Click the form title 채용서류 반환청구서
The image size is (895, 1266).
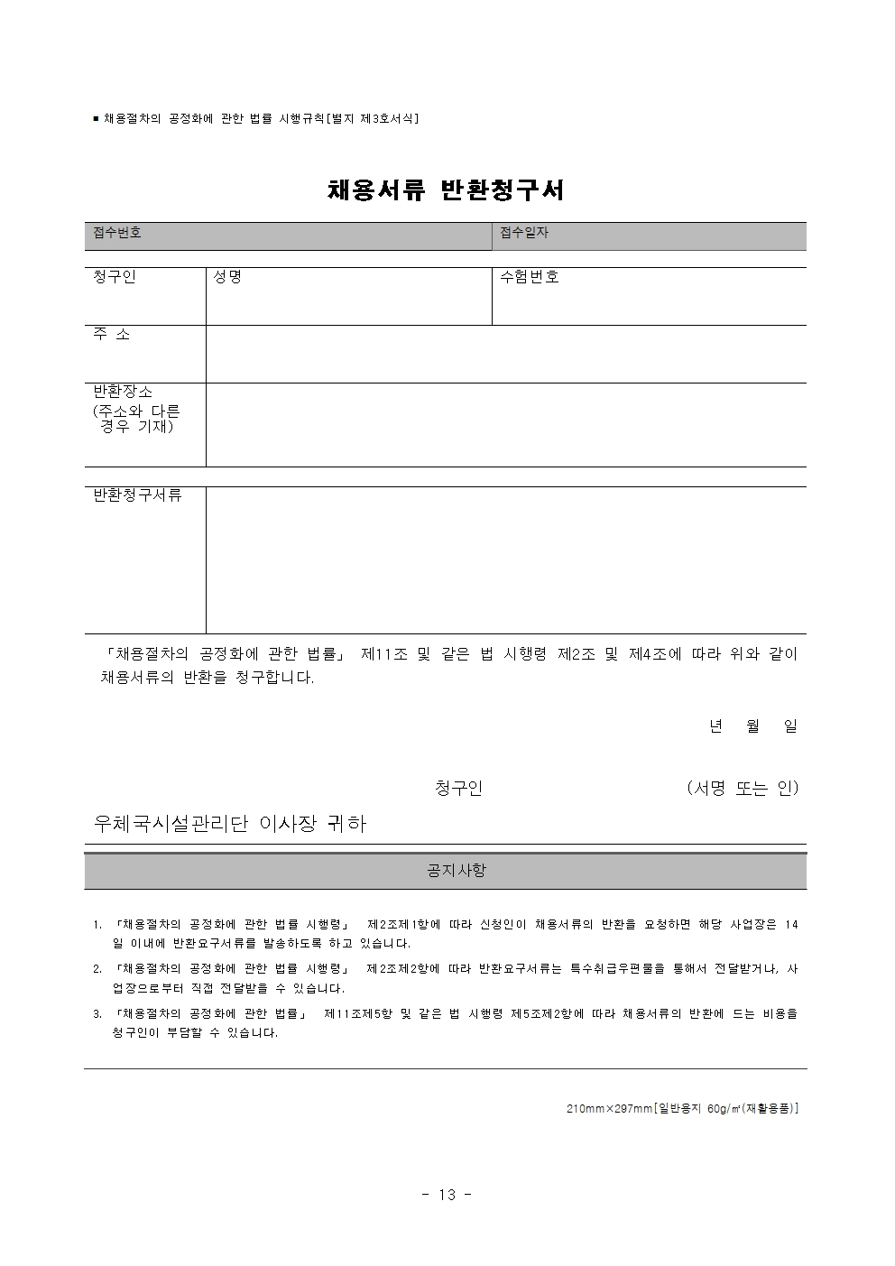(446, 190)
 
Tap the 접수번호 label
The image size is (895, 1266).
(117, 233)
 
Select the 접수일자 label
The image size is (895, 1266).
(524, 233)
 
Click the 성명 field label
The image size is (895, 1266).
(226, 277)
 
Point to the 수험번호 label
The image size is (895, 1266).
(530, 277)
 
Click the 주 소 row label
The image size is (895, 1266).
(112, 334)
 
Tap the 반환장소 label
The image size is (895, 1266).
(124, 392)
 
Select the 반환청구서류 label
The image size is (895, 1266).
(138, 495)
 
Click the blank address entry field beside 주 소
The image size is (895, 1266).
(505, 354)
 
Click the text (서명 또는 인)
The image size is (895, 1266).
(742, 788)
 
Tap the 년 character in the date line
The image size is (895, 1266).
(715, 725)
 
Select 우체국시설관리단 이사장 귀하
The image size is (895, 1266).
(230, 824)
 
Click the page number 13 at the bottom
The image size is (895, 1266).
(447, 1195)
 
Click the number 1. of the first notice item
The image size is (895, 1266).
(97, 925)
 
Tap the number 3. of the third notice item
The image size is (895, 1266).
(97, 1013)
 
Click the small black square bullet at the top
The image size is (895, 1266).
(96, 118)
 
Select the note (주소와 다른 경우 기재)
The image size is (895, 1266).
(136, 419)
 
